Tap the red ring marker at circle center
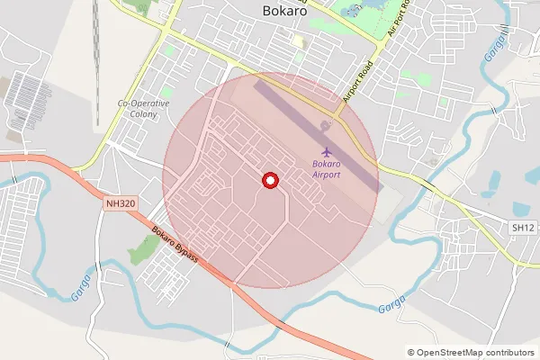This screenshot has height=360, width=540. coord(268,181)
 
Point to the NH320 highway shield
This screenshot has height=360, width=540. coord(119,204)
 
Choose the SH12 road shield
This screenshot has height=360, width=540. coord(522,229)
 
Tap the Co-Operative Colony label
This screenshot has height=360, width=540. coord(144,109)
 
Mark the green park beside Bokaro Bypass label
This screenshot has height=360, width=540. coord(143,250)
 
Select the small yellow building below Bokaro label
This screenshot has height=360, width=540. coord(297,40)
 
